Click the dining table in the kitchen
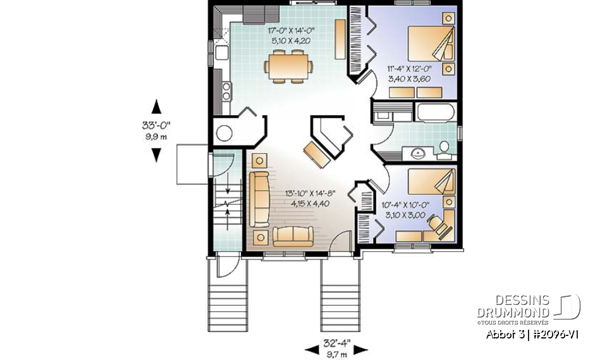290,66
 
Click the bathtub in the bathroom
435,113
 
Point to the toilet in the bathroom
444,148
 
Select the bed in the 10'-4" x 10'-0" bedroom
431,182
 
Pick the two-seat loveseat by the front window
293,236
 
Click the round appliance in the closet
224,133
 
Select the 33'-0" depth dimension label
156,125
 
